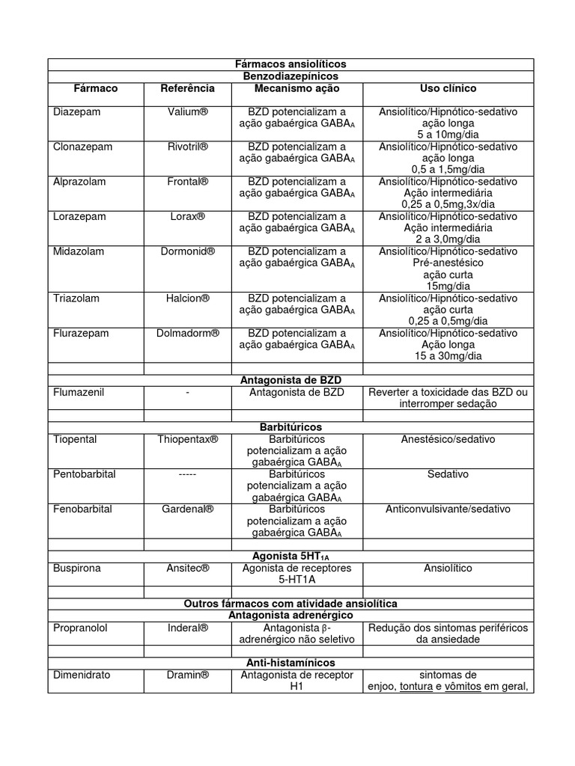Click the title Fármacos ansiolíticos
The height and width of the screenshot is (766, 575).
tap(290, 64)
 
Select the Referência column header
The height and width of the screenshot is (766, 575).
tap(187, 88)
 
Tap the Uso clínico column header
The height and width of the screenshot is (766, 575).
tap(448, 88)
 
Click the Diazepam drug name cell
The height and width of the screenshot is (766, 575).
tap(76, 111)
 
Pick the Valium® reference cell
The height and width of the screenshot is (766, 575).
tap(187, 111)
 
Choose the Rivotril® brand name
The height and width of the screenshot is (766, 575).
tap(187, 147)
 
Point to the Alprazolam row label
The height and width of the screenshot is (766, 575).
tap(79, 182)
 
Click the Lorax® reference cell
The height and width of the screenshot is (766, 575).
tap(187, 216)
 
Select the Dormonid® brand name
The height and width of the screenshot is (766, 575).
tap(187, 251)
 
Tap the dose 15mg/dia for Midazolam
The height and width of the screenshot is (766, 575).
tap(448, 286)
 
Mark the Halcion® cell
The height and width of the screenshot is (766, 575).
tap(187, 298)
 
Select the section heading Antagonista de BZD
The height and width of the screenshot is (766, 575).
tap(290, 380)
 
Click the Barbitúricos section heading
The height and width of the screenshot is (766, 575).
tap(290, 427)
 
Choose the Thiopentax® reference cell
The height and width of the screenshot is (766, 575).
tap(187, 439)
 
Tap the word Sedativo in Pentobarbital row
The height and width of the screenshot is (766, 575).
tap(448, 474)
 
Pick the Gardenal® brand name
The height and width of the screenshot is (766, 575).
tap(187, 509)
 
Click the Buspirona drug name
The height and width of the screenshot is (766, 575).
tap(76, 568)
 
